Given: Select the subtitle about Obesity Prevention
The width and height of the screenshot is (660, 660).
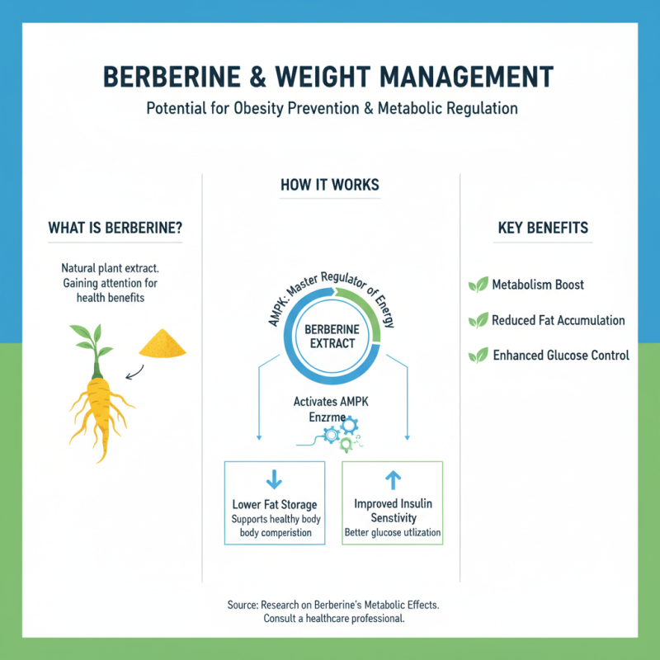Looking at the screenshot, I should (x=330, y=108).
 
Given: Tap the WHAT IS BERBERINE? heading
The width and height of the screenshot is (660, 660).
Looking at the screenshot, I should (x=115, y=229).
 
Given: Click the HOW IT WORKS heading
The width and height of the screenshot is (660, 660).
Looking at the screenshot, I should (x=330, y=185).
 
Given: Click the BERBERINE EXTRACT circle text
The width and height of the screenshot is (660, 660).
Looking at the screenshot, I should (x=331, y=337).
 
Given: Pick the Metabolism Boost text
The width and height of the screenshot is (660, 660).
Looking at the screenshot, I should (x=538, y=285).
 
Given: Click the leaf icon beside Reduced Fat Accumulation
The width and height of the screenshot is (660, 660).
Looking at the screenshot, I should (x=478, y=320).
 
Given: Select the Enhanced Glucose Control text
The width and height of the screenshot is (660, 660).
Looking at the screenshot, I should (x=561, y=356).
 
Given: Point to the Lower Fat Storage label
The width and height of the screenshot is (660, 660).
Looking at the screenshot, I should (x=275, y=504).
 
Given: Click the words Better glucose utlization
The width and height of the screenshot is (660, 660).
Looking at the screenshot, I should (x=393, y=534).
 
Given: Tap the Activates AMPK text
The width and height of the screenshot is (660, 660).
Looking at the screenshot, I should (x=330, y=402).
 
